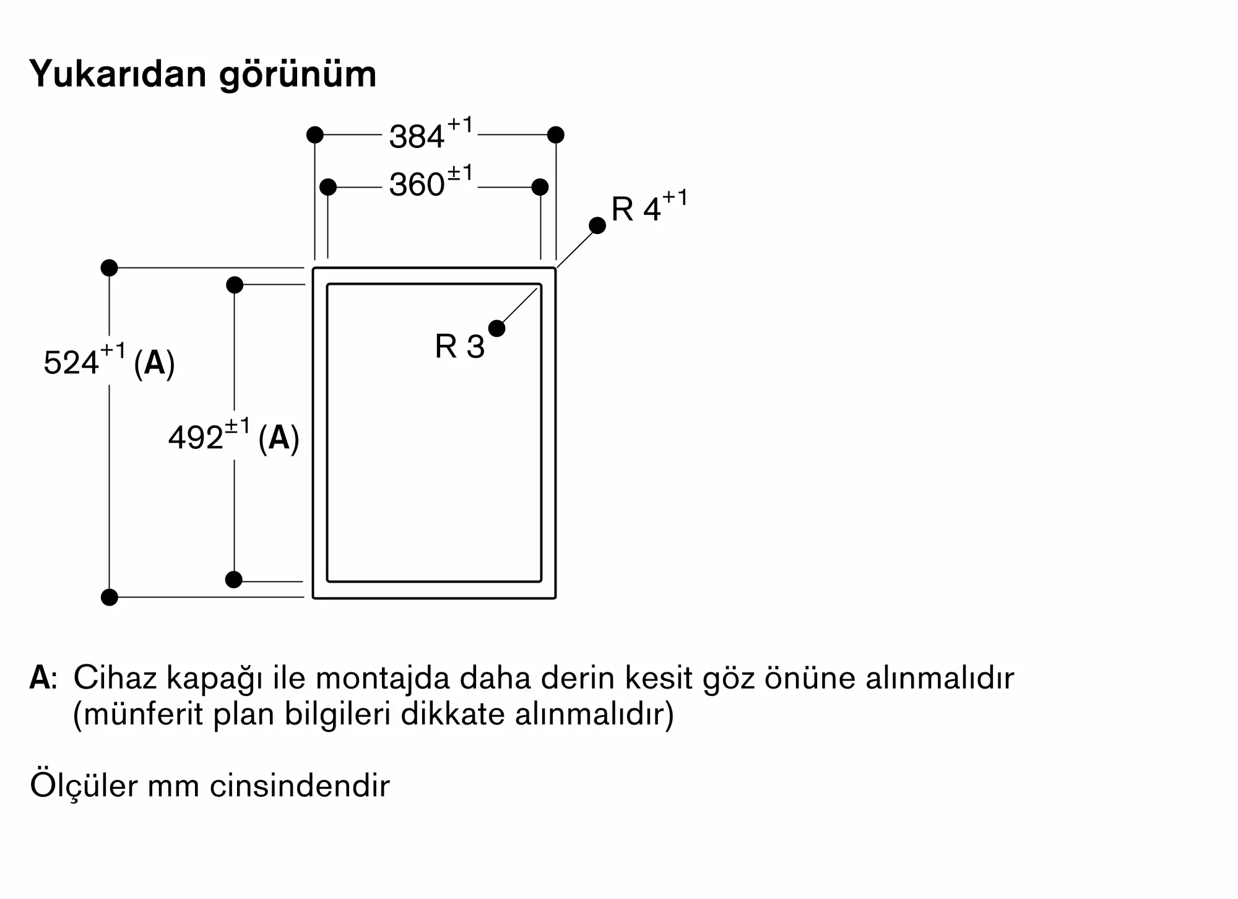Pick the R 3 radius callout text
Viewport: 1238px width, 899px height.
click(459, 346)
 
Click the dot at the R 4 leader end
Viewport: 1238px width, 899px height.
click(597, 225)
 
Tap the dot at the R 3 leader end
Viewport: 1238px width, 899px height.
click(496, 328)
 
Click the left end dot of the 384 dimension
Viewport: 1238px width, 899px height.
click(315, 134)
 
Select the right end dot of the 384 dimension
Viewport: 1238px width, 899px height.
click(556, 134)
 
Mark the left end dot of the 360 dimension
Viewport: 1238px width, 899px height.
click(328, 186)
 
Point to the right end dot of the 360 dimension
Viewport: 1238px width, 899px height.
click(540, 186)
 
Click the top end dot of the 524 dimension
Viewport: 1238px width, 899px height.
click(109, 267)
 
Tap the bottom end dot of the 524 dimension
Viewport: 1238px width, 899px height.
click(109, 597)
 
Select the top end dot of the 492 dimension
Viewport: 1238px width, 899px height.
click(235, 285)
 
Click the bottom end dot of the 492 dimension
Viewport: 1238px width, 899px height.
click(234, 580)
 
